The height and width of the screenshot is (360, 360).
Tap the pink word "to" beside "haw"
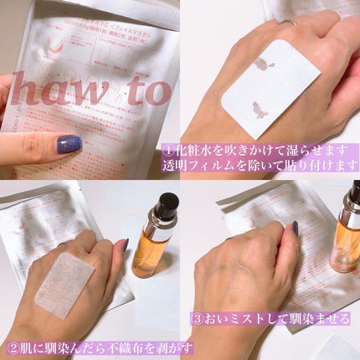pyautogui.click(x=144, y=90)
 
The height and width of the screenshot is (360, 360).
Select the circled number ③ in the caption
pyautogui.click(x=198, y=319)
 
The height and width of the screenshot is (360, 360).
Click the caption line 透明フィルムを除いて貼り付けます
pyautogui.click(x=276, y=167)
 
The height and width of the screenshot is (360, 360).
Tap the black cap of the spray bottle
pyautogui.click(x=167, y=203)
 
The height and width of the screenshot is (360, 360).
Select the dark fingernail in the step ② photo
pyautogui.click(x=123, y=245)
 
